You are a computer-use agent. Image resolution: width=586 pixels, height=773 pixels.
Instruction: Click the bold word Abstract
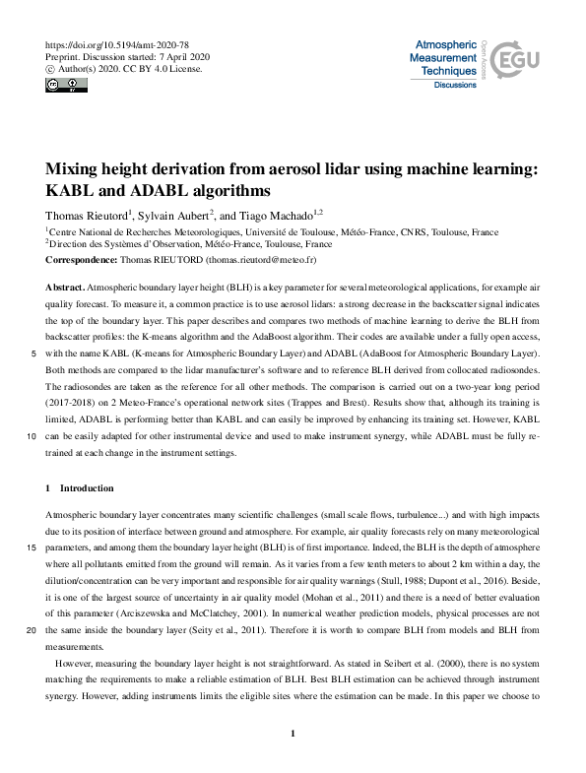click(64, 285)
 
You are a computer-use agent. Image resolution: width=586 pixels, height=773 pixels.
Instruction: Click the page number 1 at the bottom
click(293, 734)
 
